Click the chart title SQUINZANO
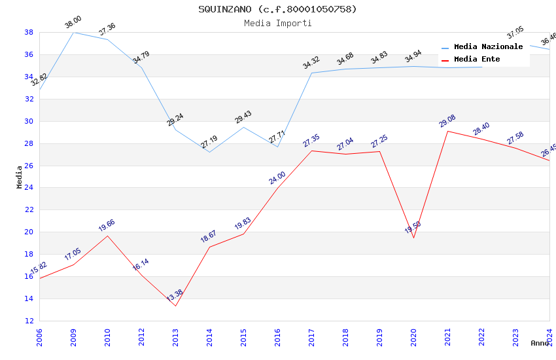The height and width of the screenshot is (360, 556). pyautogui.click(x=277, y=9)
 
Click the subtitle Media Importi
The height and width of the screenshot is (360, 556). pyautogui.click(x=277, y=23)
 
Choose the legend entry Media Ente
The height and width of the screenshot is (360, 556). pyautogui.click(x=477, y=59)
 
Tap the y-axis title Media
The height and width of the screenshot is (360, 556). pyautogui.click(x=20, y=177)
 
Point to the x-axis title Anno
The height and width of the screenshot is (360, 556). pyautogui.click(x=540, y=343)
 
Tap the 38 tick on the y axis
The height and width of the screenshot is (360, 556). pyautogui.click(x=29, y=32)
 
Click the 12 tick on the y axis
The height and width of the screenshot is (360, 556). pyautogui.click(x=29, y=321)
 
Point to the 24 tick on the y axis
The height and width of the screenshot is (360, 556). pyautogui.click(x=29, y=188)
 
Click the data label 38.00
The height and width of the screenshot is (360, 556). pyautogui.click(x=73, y=24)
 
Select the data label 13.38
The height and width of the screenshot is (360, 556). pyautogui.click(x=175, y=296)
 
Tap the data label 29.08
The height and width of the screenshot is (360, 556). pyautogui.click(x=447, y=121)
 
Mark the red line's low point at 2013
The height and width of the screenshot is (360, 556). pyautogui.click(x=175, y=306)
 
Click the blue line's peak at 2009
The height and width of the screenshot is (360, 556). pyautogui.click(x=73, y=32)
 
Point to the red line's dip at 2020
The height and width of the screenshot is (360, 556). pyautogui.click(x=413, y=238)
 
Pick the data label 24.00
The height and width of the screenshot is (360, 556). pyautogui.click(x=277, y=177)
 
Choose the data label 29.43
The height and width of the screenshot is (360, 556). pyautogui.click(x=243, y=117)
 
